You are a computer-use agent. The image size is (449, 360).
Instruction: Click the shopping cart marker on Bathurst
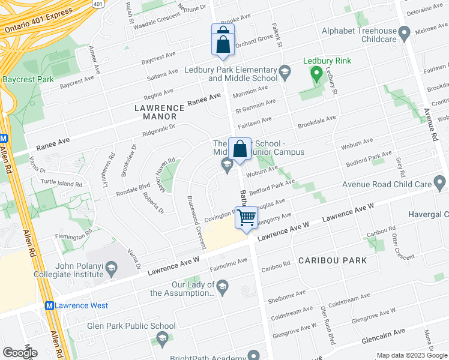[x=246, y=217]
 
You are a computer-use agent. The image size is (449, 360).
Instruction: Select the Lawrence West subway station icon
[x=50, y=305]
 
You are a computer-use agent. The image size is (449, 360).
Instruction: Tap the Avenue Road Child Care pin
[x=440, y=181]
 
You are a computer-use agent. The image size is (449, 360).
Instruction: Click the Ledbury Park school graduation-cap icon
[x=285, y=74]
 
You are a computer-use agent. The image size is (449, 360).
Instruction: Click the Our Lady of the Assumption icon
[x=223, y=285]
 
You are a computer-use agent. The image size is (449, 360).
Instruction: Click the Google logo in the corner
[x=20, y=353]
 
